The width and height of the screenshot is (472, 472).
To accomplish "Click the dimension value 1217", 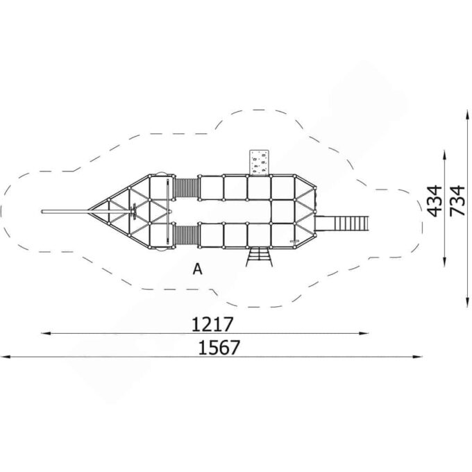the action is point(212,324).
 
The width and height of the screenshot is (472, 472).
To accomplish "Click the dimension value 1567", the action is point(219,347).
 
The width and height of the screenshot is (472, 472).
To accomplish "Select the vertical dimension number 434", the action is point(435,201).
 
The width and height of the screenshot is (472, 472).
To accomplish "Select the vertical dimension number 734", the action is point(457,201).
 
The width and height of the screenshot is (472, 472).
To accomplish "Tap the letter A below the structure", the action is point(197,269).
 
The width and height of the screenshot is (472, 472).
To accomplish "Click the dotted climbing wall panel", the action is point(259,162).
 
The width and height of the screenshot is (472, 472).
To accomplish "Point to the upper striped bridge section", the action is point(186,188).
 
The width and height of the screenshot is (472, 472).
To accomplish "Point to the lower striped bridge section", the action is point(186,236).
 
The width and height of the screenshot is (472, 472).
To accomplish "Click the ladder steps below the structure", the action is point(259,256).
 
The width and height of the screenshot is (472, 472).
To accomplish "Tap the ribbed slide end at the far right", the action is point(351,224).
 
